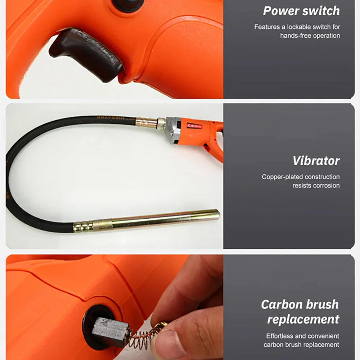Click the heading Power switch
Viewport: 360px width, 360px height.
[x=301, y=11]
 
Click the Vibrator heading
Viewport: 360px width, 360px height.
[x=316, y=161]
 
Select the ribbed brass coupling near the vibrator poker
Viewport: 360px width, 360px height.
[x=84, y=226]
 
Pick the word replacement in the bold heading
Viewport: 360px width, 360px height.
[x=303, y=319]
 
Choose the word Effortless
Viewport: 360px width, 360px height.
[x=280, y=336]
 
